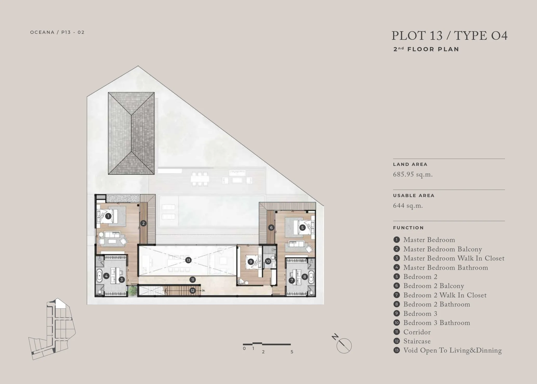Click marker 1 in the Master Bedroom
[x=108, y=216]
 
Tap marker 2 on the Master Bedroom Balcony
[x=143, y=223]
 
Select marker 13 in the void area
[x=188, y=260]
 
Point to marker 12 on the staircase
[x=193, y=291]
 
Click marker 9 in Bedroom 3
[x=251, y=262]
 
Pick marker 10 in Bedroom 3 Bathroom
[x=268, y=261]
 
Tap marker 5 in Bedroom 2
[x=302, y=227]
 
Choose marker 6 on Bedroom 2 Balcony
[x=271, y=228]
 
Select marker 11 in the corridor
[x=193, y=280]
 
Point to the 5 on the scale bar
[x=292, y=352]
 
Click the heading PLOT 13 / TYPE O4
[x=449, y=36]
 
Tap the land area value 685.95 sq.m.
[x=413, y=174]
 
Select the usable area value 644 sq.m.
[x=408, y=206]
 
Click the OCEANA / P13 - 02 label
[x=57, y=32]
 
